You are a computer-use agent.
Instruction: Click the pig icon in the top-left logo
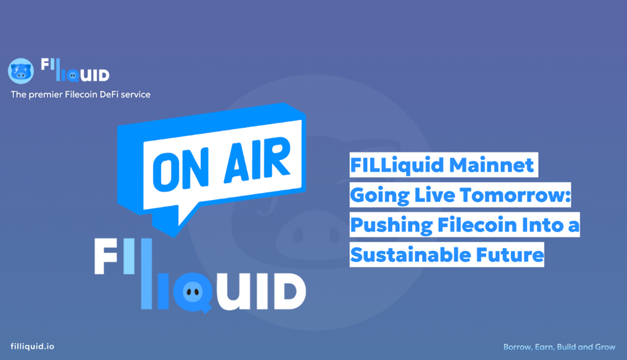pyautogui.click(x=21, y=71)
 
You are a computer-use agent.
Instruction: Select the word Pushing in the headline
pyautogui.click(x=383, y=225)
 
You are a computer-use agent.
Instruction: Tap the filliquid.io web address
pyautogui.click(x=33, y=347)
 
